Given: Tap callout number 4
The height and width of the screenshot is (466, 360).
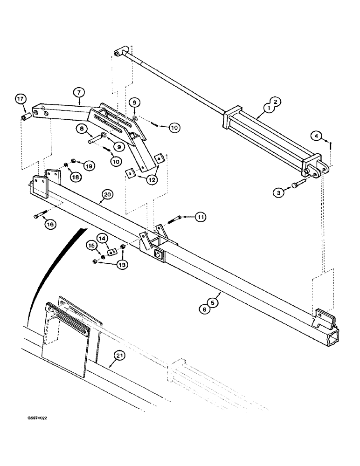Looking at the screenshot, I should tap(317, 137).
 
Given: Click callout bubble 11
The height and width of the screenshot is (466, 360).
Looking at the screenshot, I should tap(201, 217).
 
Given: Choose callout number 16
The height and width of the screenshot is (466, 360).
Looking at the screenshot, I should tap(50, 225).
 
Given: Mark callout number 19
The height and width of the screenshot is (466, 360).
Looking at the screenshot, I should tap(89, 165).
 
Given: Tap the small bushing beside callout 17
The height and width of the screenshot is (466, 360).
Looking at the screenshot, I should tap(27, 115).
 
